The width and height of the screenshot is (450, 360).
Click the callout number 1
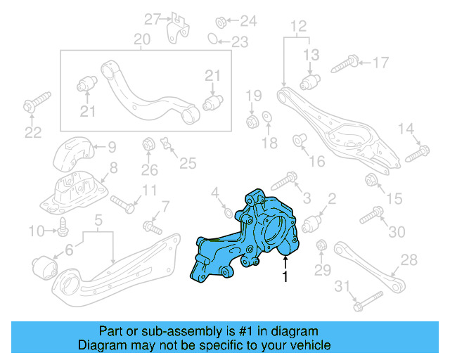[285, 278]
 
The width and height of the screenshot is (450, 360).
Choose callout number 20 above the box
[142, 39]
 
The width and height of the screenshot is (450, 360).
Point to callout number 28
[409, 261]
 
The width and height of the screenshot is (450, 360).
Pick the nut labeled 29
[321, 245]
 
